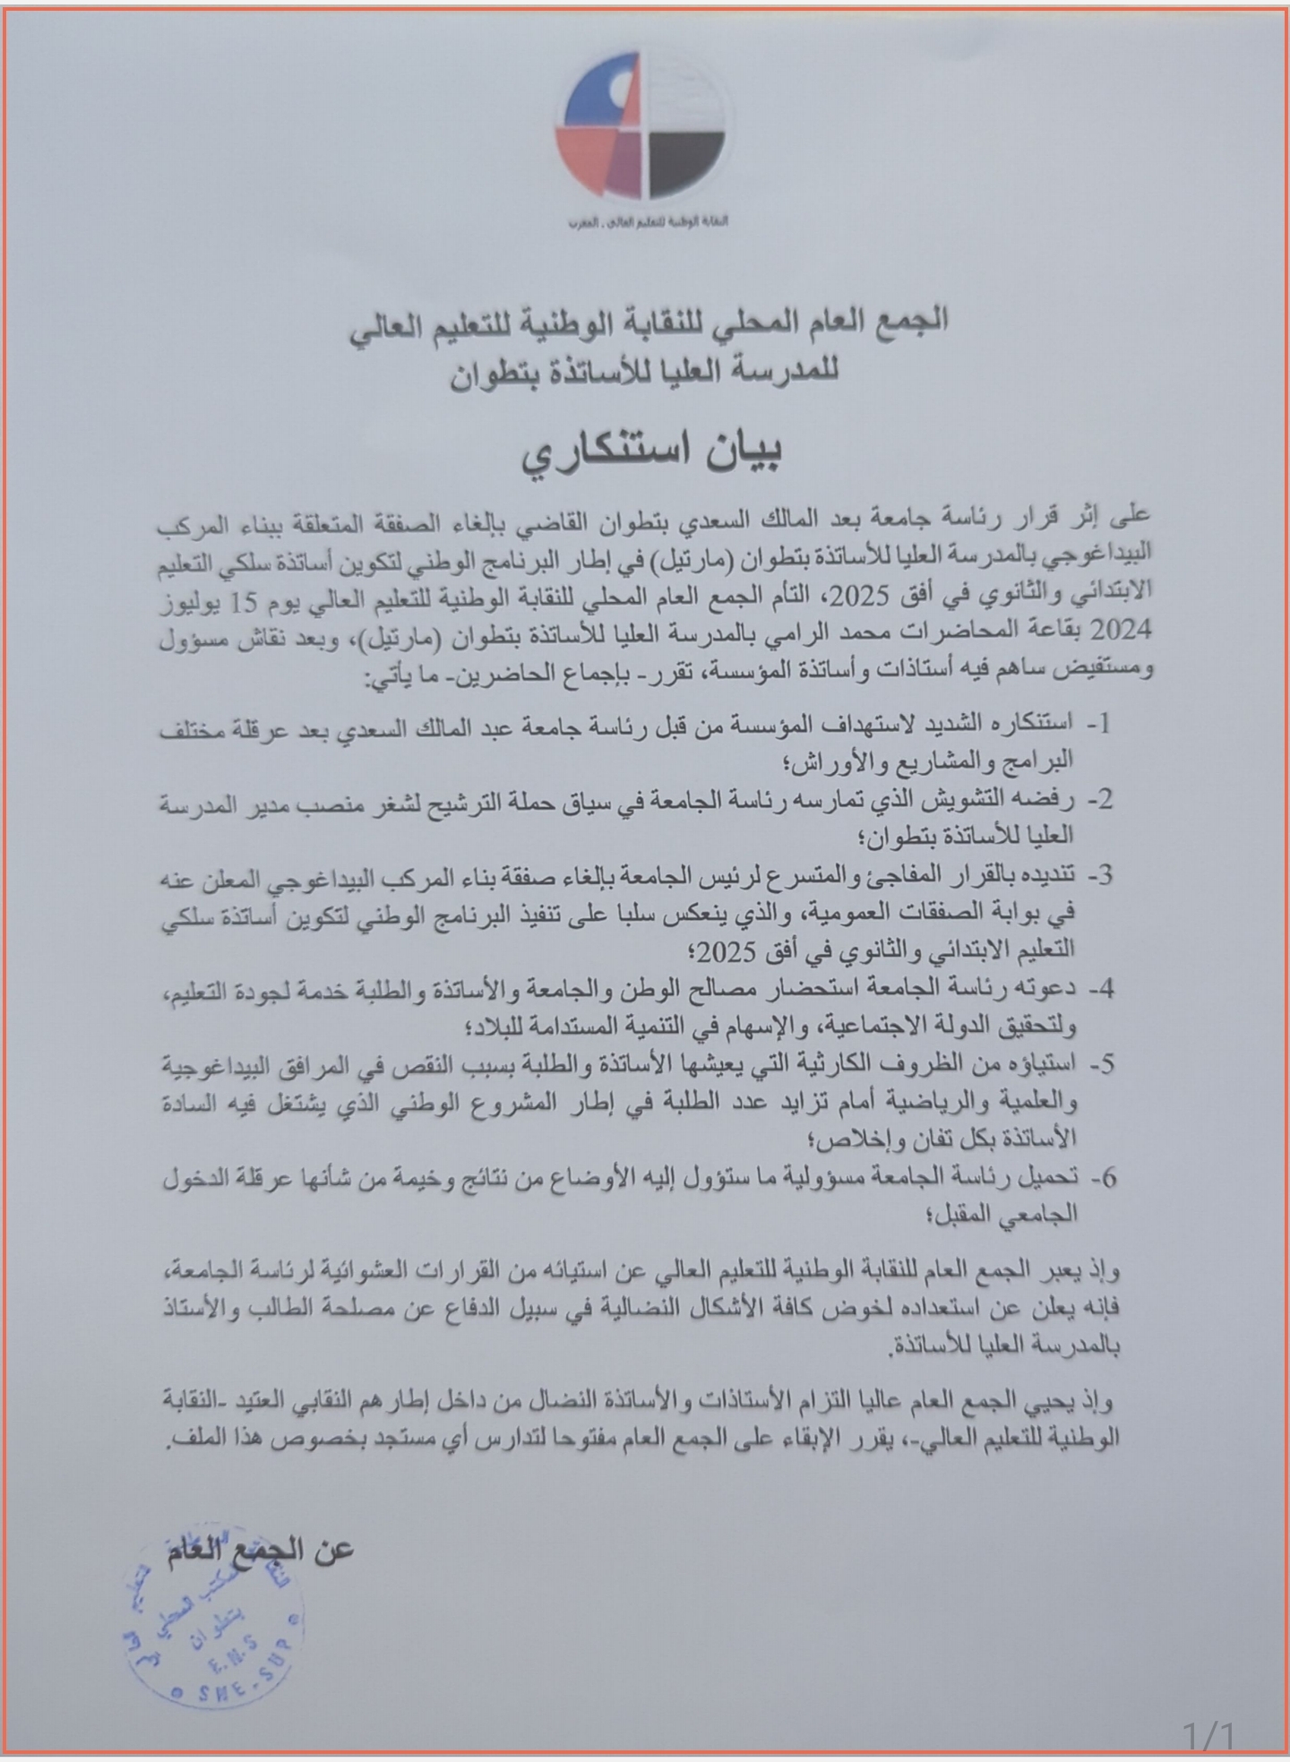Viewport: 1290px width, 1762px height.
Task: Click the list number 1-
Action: tap(1099, 724)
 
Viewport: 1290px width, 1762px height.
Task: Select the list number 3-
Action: tap(1099, 875)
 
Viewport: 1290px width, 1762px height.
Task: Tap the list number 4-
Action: tap(1099, 989)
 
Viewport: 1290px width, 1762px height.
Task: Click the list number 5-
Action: tap(1099, 1064)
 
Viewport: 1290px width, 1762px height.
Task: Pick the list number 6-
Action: tap(1099, 1178)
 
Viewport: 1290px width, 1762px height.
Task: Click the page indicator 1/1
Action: tap(1208, 1736)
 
